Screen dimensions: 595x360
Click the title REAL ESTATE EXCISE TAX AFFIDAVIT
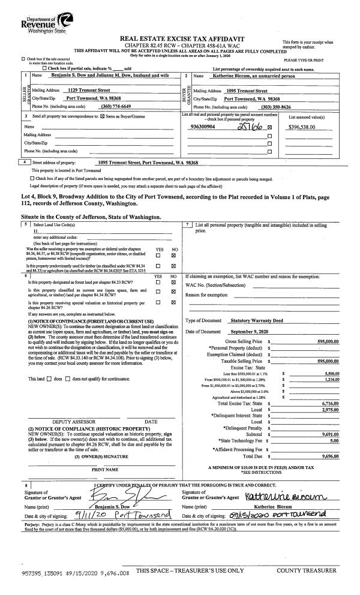click(x=180, y=38)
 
